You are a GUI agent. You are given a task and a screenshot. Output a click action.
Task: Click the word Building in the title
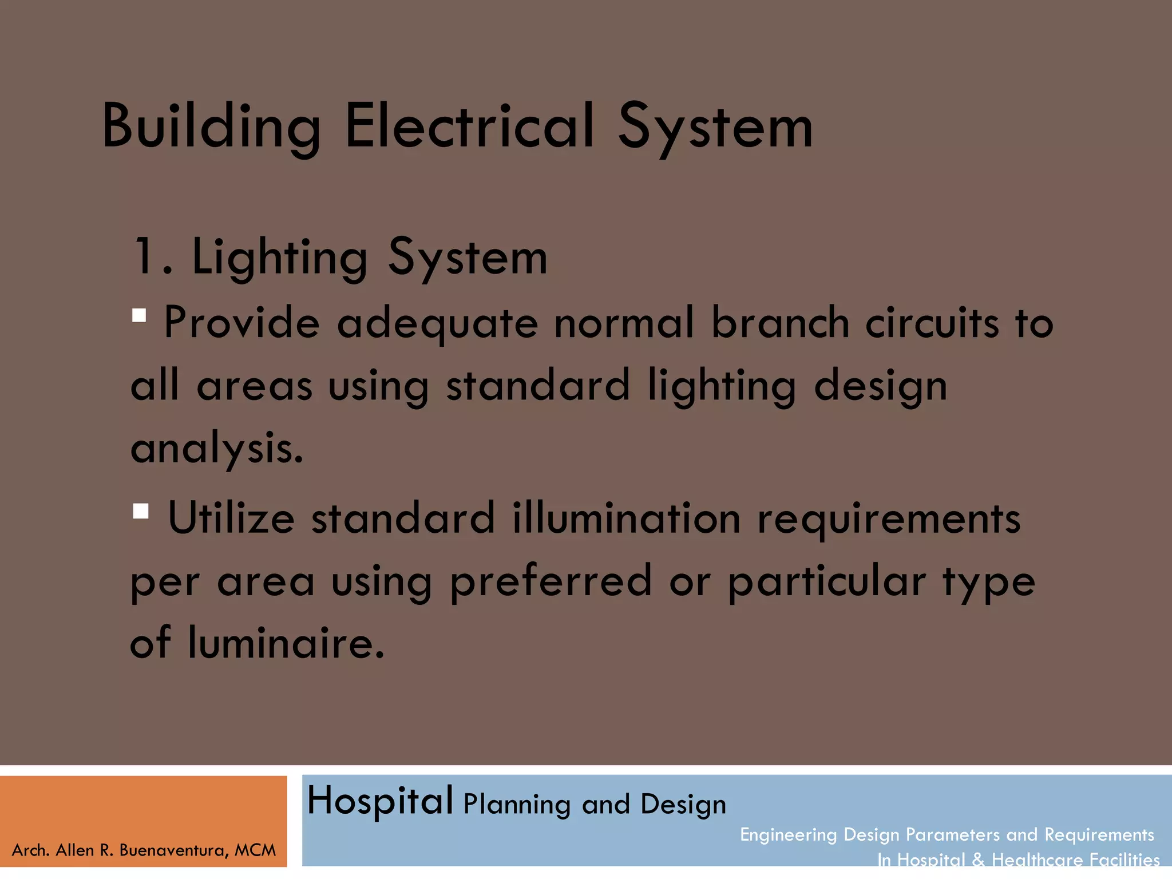tap(211, 127)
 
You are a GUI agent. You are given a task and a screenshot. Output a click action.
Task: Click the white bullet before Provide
tap(139, 315)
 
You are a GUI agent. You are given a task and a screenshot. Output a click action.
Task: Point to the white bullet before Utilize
tap(140, 510)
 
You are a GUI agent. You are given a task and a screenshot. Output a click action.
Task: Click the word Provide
tap(241, 323)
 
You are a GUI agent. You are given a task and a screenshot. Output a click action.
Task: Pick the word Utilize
tap(231, 518)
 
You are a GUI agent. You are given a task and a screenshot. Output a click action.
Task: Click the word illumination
tap(626, 518)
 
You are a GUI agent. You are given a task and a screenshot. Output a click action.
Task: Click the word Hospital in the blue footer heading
tap(380, 801)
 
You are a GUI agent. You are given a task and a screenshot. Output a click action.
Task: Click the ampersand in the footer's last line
tap(979, 860)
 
